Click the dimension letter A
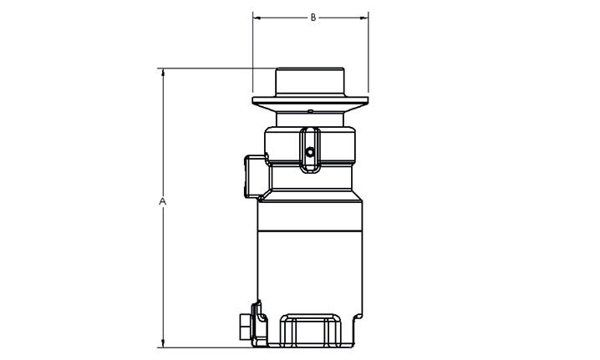(163, 201)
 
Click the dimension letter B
(313, 18)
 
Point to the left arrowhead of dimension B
(257, 18)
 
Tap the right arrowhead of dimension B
(364, 18)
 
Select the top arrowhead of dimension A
(163, 73)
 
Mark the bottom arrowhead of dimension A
(163, 343)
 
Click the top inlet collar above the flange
(310, 82)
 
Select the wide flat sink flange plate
(310, 100)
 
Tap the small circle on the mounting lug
(310, 152)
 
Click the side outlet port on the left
(255, 176)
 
